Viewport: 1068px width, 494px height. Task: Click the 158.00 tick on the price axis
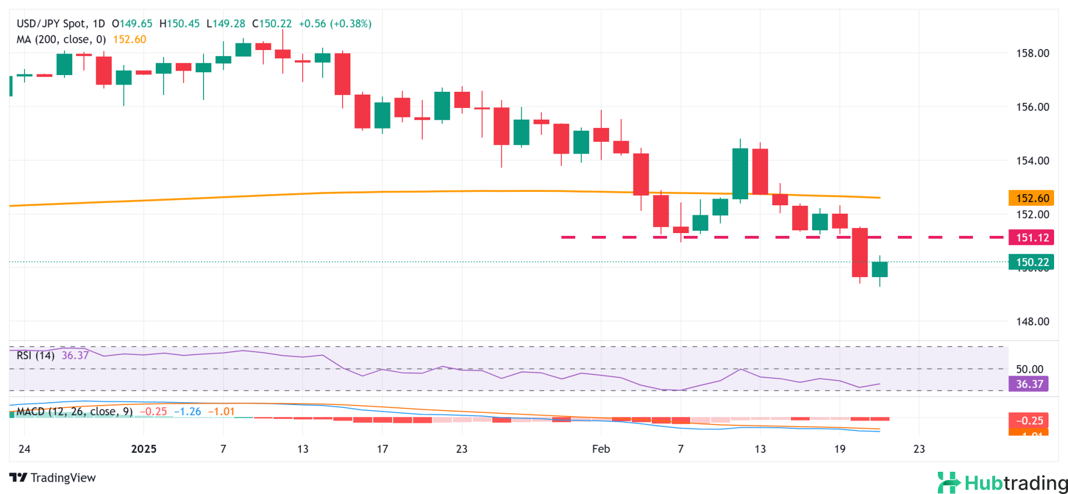(x=1032, y=53)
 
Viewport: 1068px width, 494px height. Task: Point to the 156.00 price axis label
(x=1032, y=107)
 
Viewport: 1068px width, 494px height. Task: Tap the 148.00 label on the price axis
(x=1032, y=322)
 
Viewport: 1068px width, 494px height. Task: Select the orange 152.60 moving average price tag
(x=1032, y=198)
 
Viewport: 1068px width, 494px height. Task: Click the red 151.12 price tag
(x=1032, y=238)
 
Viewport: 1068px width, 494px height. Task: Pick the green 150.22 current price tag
(x=1032, y=262)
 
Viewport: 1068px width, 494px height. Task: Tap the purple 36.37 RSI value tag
(x=1029, y=384)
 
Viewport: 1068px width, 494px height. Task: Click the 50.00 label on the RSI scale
(x=1030, y=369)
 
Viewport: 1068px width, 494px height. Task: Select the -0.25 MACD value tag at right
(x=1029, y=421)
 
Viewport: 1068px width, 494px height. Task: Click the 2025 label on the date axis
(x=144, y=449)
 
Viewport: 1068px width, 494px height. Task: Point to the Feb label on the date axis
(x=601, y=449)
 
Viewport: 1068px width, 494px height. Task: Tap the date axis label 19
(x=839, y=449)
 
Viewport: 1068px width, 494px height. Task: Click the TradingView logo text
(x=53, y=478)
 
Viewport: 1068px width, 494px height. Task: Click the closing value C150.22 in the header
(x=272, y=24)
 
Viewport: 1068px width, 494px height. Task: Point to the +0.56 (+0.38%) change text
(x=335, y=24)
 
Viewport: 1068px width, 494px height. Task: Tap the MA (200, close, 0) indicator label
(x=61, y=39)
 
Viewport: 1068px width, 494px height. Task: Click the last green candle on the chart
(x=879, y=269)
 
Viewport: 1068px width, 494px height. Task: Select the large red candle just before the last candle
(x=859, y=253)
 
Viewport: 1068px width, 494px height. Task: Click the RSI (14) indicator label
(x=36, y=355)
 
